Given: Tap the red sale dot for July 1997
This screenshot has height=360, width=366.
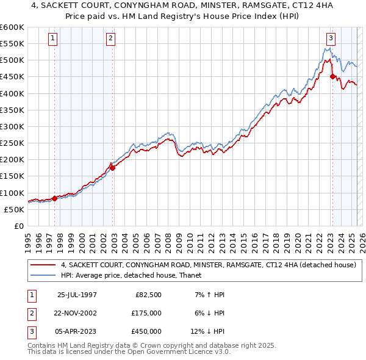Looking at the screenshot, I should pyautogui.click(x=55, y=198).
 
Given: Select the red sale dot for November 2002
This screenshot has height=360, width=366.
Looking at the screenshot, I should pyautogui.click(x=112, y=168).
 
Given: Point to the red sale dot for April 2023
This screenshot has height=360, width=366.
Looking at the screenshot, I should pyautogui.click(x=332, y=77).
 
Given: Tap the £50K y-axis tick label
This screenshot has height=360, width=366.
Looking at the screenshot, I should pyautogui.click(x=15, y=209).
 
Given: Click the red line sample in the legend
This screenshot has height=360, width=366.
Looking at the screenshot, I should pyautogui.click(x=43, y=265).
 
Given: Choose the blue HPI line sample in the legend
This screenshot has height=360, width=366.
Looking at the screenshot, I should pyautogui.click(x=43, y=276).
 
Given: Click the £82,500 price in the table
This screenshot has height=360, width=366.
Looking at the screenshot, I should pyautogui.click(x=148, y=295).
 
